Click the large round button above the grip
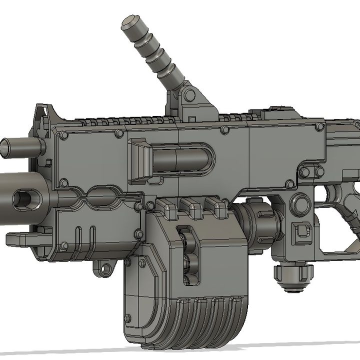[300, 203]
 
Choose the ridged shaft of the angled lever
[157, 57]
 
